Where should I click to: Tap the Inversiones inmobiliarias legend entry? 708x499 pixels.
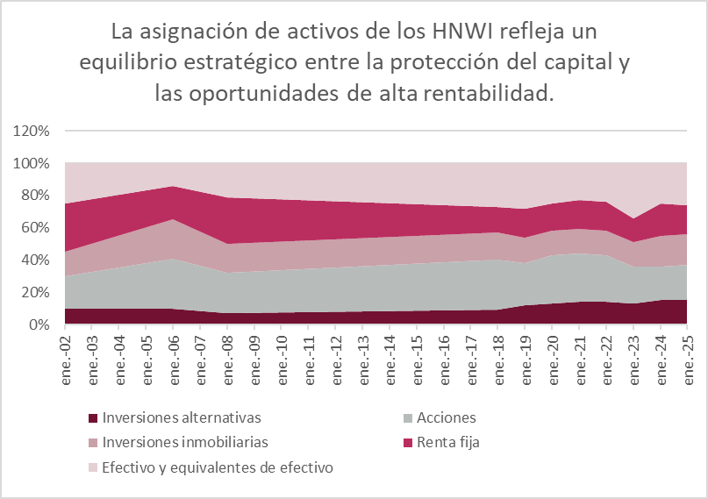point(185,442)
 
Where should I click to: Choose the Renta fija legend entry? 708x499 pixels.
point(450,442)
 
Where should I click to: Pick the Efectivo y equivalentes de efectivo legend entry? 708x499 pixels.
point(218,467)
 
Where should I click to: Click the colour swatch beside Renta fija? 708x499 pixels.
point(411,443)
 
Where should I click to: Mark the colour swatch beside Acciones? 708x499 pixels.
point(411,418)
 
